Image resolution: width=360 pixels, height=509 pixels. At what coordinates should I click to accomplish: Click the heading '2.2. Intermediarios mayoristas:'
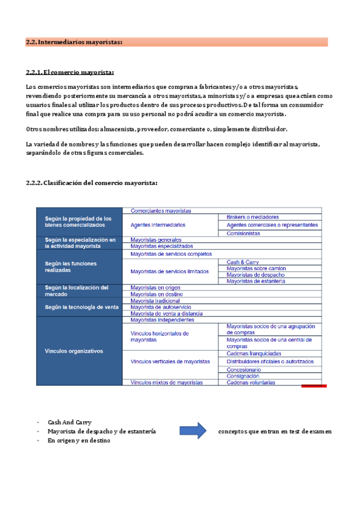point(74,42)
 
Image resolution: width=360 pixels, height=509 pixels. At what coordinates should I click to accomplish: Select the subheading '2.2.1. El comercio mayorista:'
point(70,73)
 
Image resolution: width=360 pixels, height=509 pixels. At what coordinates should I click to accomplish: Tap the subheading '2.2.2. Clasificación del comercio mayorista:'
point(92,182)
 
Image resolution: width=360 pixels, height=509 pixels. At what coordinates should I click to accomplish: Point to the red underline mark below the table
point(313,386)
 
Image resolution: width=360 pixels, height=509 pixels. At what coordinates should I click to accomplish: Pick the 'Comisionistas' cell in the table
point(244,233)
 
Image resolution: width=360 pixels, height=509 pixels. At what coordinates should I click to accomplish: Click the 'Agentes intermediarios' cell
point(158,225)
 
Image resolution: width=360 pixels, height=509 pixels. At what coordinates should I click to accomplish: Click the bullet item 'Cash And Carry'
point(70,422)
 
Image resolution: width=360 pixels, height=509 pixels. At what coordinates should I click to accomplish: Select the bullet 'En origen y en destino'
point(79,441)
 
